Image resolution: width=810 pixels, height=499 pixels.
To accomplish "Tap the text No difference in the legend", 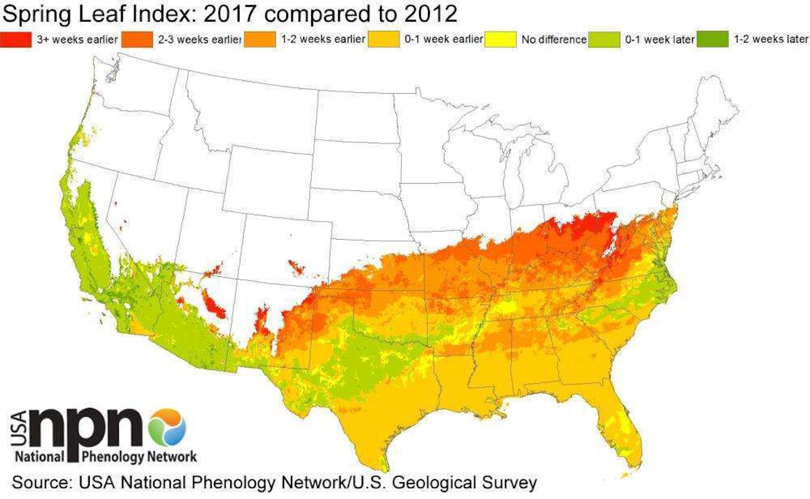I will [x=553, y=39].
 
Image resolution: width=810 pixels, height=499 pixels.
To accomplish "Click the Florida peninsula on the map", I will [x=618, y=425].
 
